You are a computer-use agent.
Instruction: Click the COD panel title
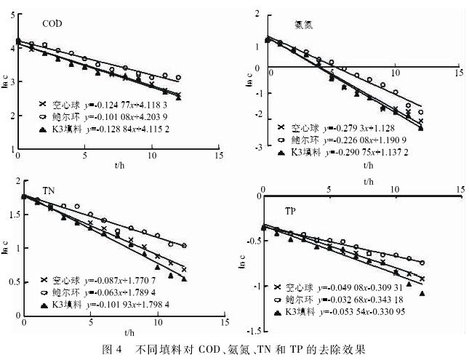pyautogui.click(x=52, y=24)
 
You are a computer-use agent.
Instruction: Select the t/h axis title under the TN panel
pyautogui.click(x=130, y=332)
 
